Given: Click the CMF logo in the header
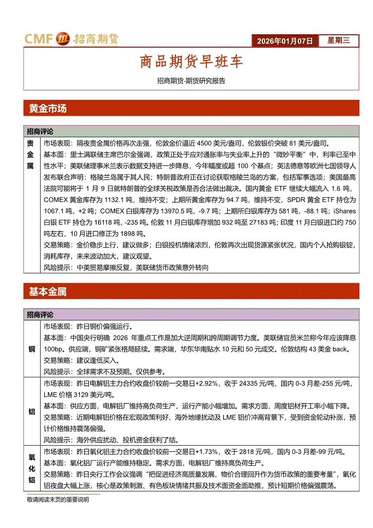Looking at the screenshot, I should [71, 39].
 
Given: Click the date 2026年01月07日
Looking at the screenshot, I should [284, 41].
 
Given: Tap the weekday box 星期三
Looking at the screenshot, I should [339, 41].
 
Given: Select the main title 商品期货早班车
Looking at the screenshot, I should [191, 62].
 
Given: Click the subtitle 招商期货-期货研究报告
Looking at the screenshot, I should [191, 81].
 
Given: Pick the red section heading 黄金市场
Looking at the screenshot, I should [47, 109].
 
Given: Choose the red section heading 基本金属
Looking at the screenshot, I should [47, 292].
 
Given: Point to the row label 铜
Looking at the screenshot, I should [32, 349].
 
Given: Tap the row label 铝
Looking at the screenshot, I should [32, 411].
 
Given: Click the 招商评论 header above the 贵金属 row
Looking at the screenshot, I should [40, 131].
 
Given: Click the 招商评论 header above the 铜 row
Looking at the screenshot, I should [40, 314].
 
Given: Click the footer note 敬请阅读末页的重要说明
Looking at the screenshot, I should [58, 500].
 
